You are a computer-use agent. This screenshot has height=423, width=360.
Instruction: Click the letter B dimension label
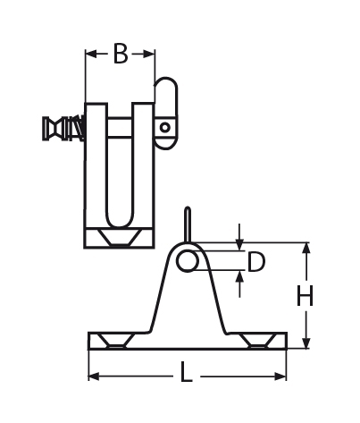click(x=121, y=55)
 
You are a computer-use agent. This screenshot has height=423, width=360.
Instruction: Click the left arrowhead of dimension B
click(x=90, y=55)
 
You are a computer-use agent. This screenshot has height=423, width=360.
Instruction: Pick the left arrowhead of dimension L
click(x=93, y=375)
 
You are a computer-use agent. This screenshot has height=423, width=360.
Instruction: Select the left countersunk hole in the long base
click(x=116, y=341)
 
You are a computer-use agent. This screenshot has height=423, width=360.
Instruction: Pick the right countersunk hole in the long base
click(x=257, y=341)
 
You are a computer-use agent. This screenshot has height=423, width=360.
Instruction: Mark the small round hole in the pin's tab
click(x=165, y=127)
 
